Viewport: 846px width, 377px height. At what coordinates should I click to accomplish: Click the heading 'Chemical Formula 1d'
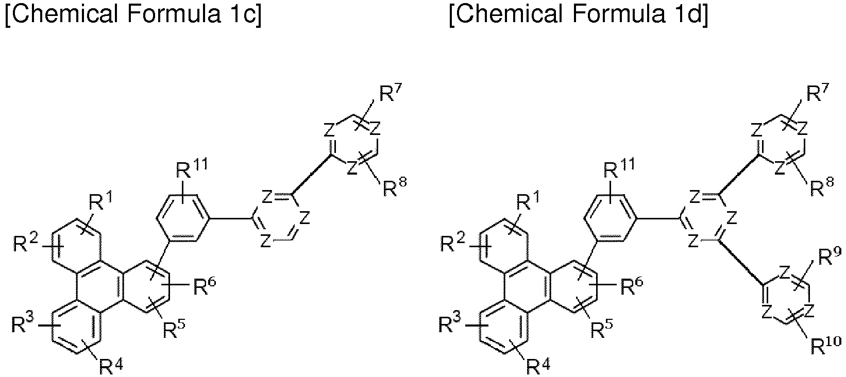(579, 15)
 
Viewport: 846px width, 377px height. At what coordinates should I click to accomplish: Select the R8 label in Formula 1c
(395, 187)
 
